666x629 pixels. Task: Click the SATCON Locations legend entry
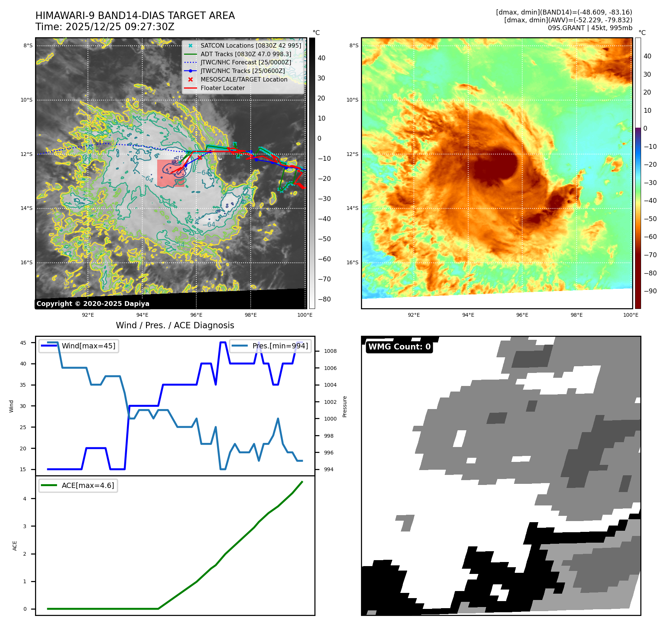click(x=250, y=45)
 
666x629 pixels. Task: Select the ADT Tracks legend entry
click(x=245, y=54)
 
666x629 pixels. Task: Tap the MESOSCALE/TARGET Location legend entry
click(x=244, y=79)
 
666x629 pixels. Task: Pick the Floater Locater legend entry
click(x=222, y=88)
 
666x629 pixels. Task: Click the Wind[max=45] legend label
click(x=88, y=346)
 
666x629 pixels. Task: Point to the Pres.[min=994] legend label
click(x=280, y=346)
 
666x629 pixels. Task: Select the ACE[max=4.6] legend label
click(x=88, y=485)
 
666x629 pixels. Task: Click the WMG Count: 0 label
click(x=399, y=347)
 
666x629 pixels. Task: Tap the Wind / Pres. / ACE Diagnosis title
click(x=175, y=325)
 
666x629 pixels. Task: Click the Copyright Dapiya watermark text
click(x=93, y=304)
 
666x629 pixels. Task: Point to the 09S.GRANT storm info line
click(x=590, y=28)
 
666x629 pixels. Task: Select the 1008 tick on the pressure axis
click(x=330, y=351)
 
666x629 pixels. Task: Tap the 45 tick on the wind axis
click(x=23, y=343)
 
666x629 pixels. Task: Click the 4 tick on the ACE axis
click(x=25, y=499)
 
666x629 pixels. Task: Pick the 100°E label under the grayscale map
click(x=305, y=315)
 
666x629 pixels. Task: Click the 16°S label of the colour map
click(x=352, y=262)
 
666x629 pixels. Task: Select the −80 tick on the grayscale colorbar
click(x=324, y=299)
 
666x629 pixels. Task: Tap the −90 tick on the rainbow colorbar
click(x=650, y=291)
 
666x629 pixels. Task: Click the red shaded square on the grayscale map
click(x=171, y=173)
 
